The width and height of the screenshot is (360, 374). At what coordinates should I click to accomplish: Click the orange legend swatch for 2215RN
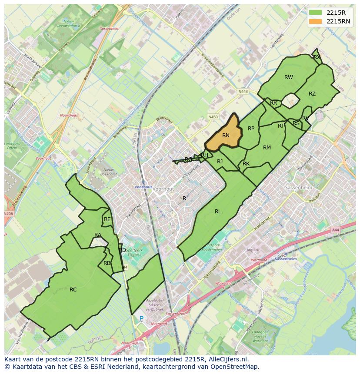[x=316, y=21]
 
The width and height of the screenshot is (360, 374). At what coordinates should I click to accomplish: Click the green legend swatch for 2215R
[x=316, y=13]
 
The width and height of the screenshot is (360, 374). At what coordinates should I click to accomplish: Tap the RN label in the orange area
[x=226, y=136]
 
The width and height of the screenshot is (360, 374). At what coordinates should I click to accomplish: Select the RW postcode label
[x=288, y=77]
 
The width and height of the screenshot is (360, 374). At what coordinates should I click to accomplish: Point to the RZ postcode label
[x=312, y=94]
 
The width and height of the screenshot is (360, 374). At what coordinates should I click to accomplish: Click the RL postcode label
[x=218, y=212]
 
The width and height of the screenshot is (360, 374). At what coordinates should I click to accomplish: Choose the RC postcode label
[x=73, y=289]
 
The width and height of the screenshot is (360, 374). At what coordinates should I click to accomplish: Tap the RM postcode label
[x=267, y=148]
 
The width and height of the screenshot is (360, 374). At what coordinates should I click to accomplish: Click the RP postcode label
[x=251, y=129]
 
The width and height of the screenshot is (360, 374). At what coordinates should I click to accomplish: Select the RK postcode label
[x=246, y=164]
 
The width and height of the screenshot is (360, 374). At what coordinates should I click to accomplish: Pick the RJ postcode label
[x=220, y=162]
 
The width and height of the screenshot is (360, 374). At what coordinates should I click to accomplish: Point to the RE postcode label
[x=107, y=219]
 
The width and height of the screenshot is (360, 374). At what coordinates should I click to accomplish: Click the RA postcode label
[x=98, y=235]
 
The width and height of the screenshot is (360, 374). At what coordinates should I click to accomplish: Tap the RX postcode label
[x=317, y=57]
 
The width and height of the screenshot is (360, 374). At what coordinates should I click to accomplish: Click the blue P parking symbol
[x=141, y=318]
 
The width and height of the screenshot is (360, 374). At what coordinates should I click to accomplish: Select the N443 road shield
[x=243, y=91]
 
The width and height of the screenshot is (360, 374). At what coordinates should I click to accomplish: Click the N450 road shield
[x=213, y=117]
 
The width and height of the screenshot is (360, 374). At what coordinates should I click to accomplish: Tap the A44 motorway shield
[x=335, y=230]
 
